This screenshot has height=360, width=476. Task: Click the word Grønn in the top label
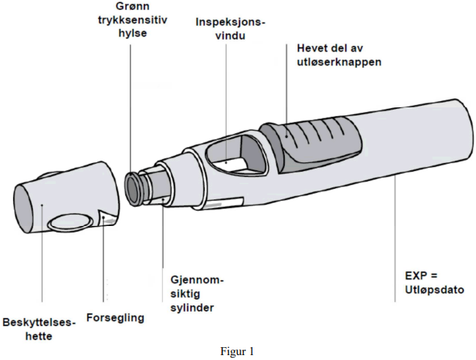[132, 6]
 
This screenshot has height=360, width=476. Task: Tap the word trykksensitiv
[132, 20]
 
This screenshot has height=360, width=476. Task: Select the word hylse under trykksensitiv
[132, 33]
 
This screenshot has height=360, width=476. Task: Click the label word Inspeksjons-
[231, 23]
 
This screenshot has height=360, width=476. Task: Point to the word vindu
[231, 36]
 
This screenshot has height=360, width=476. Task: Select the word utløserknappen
[339, 62]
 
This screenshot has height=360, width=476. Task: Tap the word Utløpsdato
[434, 290]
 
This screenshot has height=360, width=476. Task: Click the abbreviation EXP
[415, 276]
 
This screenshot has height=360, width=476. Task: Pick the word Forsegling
[115, 318]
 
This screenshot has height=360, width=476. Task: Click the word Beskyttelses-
[39, 322]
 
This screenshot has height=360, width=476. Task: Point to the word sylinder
[192, 308]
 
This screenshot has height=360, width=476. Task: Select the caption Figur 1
[236, 351]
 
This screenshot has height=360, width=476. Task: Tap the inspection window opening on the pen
[236, 155]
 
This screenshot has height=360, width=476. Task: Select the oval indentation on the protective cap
[71, 222]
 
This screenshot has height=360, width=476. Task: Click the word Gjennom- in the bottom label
[197, 280]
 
